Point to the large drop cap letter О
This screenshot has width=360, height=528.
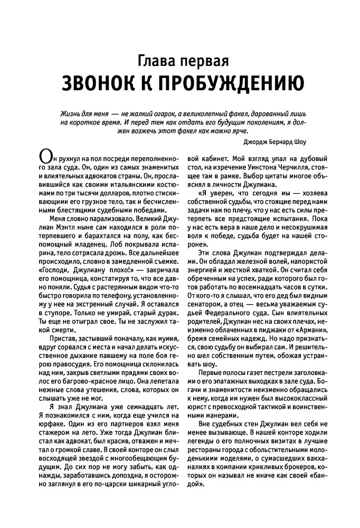pyautogui.click(x=46, y=158)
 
